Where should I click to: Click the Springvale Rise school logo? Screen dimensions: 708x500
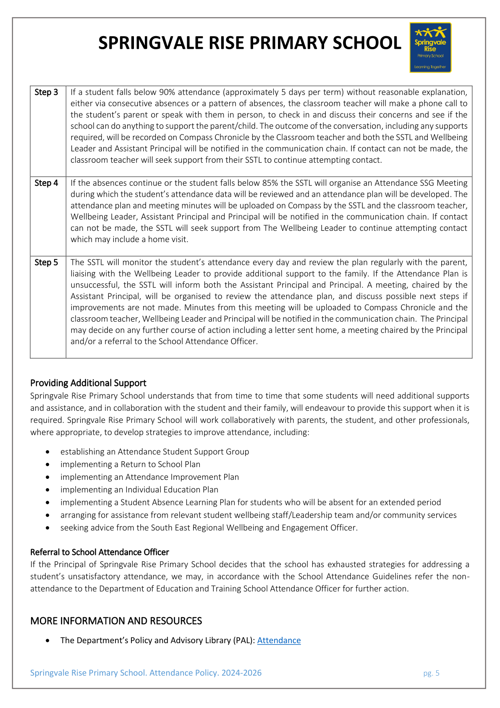point(430,48)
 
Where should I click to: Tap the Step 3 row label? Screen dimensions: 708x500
point(46,92)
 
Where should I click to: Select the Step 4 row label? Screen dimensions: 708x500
point(46,183)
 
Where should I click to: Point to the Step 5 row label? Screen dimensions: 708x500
point(46,262)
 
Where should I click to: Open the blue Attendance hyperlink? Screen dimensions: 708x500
point(279,640)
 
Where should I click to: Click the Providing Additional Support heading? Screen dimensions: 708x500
point(88,383)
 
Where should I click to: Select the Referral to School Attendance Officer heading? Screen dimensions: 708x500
point(99,552)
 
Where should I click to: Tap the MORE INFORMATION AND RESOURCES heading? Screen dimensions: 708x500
point(116,621)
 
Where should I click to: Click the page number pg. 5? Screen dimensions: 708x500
point(431,673)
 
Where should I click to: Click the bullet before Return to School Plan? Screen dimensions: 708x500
point(49,465)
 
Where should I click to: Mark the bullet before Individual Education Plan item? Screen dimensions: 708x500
point(49,490)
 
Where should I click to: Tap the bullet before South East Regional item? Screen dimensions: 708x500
point(49,528)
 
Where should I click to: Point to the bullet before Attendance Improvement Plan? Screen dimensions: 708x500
point(49,477)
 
